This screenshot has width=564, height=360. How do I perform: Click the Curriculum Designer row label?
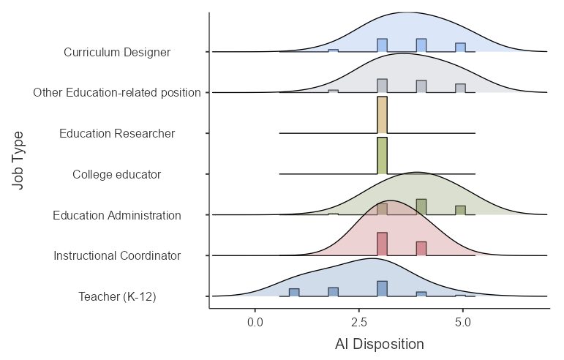pyautogui.click(x=117, y=53)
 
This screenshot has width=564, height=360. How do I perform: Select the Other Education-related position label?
pyautogui.click(x=117, y=93)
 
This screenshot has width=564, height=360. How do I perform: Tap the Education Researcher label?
pyautogui.click(x=117, y=134)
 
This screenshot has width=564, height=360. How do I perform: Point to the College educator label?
pyautogui.click(x=117, y=175)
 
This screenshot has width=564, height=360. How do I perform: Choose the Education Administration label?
pyautogui.click(x=117, y=215)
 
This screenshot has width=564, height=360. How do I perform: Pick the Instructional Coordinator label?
pyautogui.click(x=117, y=256)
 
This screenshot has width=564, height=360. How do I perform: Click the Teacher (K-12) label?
pyautogui.click(x=117, y=296)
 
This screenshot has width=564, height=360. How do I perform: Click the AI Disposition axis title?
pyautogui.click(x=379, y=344)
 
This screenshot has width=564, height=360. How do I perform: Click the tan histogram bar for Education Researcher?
pyautogui.click(x=382, y=116)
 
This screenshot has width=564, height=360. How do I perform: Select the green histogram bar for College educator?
pyautogui.click(x=382, y=156)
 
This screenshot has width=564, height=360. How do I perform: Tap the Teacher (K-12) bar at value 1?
pyautogui.click(x=294, y=293)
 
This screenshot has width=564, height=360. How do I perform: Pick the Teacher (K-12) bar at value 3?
pyautogui.click(x=382, y=289)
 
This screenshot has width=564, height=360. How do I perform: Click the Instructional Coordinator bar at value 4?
pyautogui.click(x=421, y=249)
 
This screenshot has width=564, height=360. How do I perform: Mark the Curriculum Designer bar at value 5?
pyautogui.click(x=460, y=48)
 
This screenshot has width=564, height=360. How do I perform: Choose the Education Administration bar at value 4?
pyautogui.click(x=421, y=207)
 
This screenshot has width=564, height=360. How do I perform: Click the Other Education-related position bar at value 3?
pyautogui.click(x=382, y=86)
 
